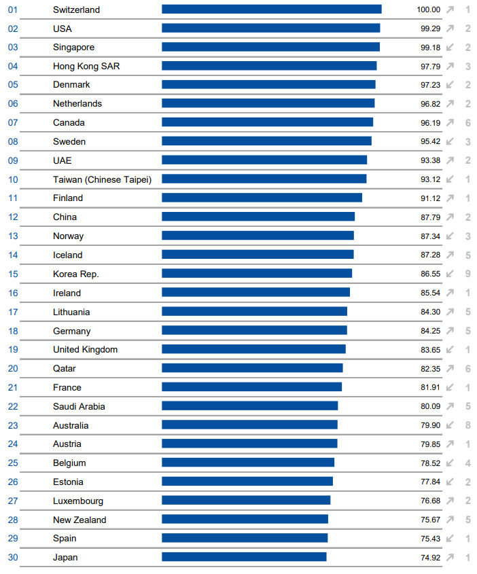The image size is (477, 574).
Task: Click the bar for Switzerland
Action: point(271,10)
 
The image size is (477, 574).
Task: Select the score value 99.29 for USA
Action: point(430,29)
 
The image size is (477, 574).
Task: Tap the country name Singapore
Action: point(73,48)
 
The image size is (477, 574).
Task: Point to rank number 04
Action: point(13,67)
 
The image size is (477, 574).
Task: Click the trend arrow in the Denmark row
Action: point(450,85)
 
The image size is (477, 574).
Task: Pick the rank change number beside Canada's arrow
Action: point(467,123)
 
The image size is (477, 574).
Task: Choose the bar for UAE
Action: point(264,160)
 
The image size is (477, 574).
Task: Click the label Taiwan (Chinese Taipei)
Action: point(102,179)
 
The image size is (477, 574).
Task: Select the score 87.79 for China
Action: point(430,217)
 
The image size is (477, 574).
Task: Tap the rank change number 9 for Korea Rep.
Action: point(467,274)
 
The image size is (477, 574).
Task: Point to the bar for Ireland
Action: point(255,293)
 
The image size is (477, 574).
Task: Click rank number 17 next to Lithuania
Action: point(13,312)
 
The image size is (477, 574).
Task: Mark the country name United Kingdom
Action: point(85,350)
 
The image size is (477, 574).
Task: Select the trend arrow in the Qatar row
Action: point(450,368)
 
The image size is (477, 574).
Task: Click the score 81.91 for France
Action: point(430,387)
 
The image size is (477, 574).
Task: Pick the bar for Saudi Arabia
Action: point(249,406)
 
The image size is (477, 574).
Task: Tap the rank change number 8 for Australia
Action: point(467,425)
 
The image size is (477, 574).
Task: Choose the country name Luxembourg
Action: point(78,501)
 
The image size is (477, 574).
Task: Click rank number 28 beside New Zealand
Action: point(13,520)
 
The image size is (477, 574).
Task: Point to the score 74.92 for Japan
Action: point(430,558)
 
